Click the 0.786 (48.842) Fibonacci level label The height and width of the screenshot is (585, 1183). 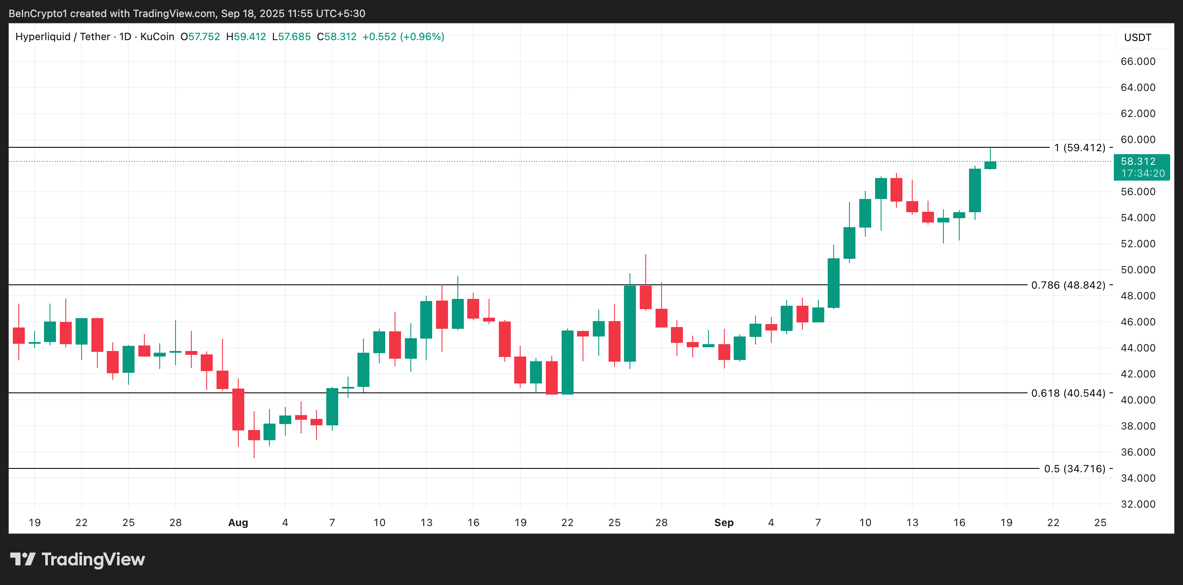point(1068,285)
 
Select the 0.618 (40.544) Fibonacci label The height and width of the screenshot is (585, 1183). point(1068,393)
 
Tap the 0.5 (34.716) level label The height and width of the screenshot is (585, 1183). point(1074,469)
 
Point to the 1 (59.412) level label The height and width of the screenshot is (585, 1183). point(1079,148)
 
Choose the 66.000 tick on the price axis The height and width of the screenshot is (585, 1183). point(1138,61)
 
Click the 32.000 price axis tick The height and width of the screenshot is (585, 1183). point(1138,504)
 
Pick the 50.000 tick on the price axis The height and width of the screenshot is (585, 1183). point(1138,270)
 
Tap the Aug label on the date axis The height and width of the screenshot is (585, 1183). point(238,523)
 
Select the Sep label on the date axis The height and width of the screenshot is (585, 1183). point(724,523)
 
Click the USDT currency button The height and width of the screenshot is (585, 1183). point(1138,38)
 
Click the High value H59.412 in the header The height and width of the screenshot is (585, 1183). point(246,37)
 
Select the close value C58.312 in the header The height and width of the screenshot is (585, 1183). point(337,37)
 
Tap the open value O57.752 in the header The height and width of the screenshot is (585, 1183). point(200,37)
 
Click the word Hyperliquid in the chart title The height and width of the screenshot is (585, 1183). point(43,37)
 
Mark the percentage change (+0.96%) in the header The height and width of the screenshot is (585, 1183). point(422,37)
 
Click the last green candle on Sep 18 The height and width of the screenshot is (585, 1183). point(990,165)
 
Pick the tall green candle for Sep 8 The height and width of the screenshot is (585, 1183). point(834,283)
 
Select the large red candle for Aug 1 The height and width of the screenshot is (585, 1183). point(238,409)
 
